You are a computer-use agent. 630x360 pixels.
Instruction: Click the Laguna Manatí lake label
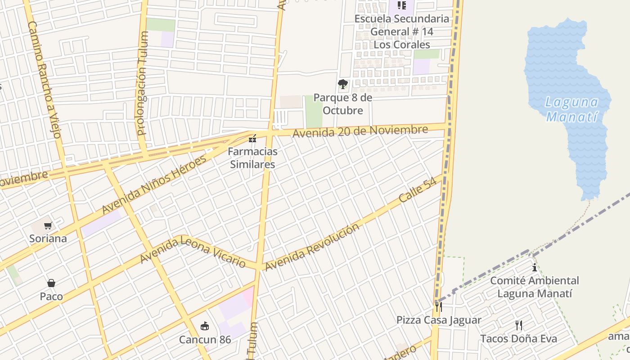coord(571,109)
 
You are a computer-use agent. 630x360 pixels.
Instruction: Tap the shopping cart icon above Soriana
coord(48,225)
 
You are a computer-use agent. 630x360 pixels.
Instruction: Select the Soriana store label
coord(48,238)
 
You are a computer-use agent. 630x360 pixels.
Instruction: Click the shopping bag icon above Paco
coord(51,283)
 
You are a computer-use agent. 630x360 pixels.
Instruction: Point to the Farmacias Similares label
coord(252,158)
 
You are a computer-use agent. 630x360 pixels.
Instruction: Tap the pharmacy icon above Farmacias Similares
coord(252,138)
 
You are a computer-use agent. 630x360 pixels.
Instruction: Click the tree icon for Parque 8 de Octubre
coord(343,84)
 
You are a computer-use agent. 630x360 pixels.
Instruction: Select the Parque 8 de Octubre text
coord(343,104)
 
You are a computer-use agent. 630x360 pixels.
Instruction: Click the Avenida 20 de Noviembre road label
coord(360,131)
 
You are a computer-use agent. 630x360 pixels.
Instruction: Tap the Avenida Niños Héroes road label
coord(154,184)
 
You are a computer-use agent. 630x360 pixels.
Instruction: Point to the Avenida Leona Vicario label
coord(193,250)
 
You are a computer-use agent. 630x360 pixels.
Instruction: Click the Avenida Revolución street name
coord(312,247)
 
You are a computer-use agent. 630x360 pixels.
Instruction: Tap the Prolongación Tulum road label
coord(143,83)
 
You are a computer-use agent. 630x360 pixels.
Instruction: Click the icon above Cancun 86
coord(205,326)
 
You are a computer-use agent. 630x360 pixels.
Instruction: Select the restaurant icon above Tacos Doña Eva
coord(519,325)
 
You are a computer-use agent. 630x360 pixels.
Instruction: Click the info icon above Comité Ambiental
coord(535,267)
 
